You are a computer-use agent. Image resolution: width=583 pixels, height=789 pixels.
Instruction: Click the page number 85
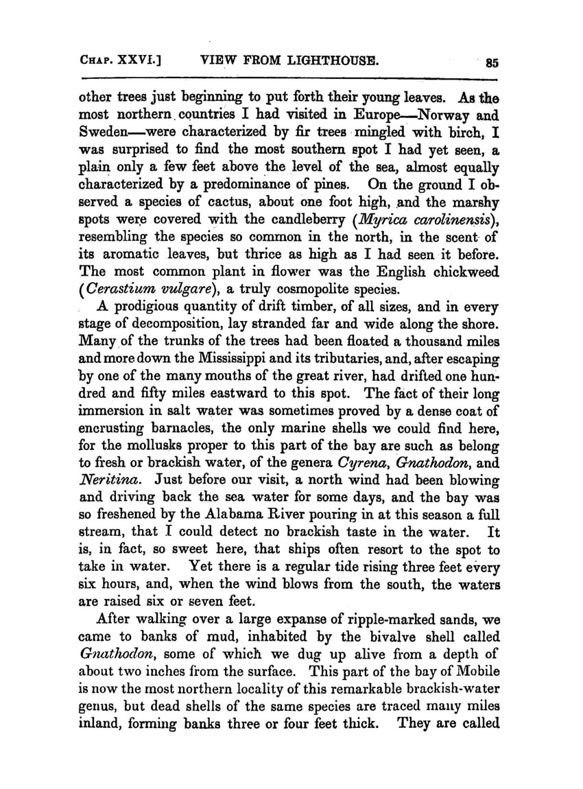(x=491, y=62)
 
